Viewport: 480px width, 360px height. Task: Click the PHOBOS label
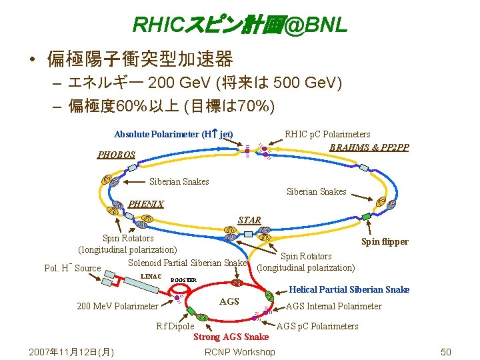pos(116,155)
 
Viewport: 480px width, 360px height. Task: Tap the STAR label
pos(249,220)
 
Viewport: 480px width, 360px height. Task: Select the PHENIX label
pos(145,205)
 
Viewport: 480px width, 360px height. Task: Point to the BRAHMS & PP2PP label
pos(369,147)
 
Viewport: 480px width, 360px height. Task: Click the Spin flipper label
pos(385,241)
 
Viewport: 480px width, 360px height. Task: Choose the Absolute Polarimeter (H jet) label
pos(173,134)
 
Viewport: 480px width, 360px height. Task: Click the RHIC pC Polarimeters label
pos(327,134)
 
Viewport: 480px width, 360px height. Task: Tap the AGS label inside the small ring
pos(229,301)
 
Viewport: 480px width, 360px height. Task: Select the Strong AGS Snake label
pos(231,337)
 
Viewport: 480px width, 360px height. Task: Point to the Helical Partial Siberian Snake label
pos(349,289)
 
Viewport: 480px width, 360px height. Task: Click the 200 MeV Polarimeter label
pos(118,306)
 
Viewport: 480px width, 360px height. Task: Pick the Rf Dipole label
pos(175,326)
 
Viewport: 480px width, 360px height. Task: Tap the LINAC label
pos(151,276)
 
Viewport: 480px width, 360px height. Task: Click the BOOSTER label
pos(183,280)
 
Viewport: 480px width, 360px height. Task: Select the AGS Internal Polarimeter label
pos(333,306)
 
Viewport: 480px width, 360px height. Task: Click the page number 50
pos(446,352)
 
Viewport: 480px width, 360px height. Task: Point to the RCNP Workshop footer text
pos(240,352)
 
